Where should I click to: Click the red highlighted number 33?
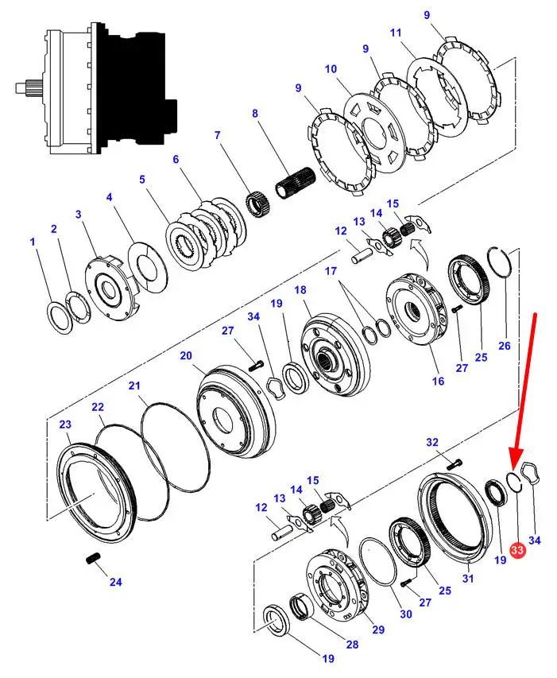(x=518, y=549)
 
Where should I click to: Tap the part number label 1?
(x=33, y=242)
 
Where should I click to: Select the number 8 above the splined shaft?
(x=256, y=114)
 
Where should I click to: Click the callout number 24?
(x=115, y=582)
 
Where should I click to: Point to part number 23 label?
(x=65, y=424)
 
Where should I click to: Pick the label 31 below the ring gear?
(x=468, y=579)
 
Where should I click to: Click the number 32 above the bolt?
(x=432, y=442)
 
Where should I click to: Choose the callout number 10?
(x=331, y=69)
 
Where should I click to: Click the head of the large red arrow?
(x=514, y=466)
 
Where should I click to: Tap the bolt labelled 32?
(x=454, y=463)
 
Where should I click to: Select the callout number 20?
(x=186, y=355)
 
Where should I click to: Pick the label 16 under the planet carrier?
(x=438, y=381)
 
